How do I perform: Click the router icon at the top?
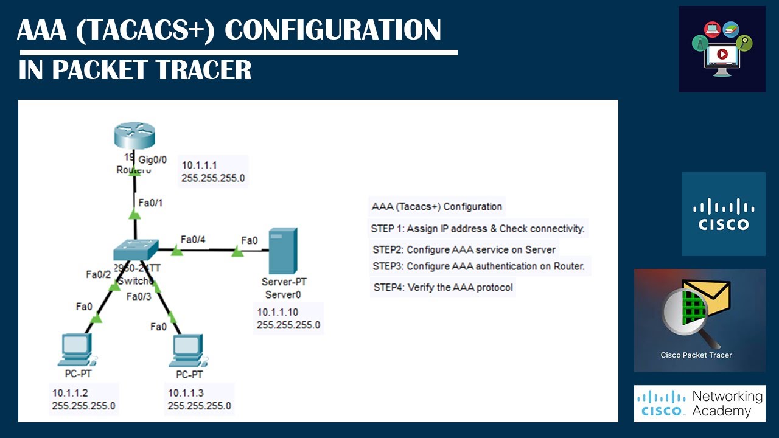coord(134,136)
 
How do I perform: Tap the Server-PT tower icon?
coord(283,251)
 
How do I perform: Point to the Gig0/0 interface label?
coord(153,159)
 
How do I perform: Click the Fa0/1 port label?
coord(150,203)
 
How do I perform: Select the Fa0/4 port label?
coord(193,239)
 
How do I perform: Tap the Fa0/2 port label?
coord(97,274)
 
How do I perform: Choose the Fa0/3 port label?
coord(138,296)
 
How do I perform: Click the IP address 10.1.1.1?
coord(200,165)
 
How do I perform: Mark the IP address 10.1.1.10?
coord(278,313)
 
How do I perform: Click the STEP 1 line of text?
coord(478,229)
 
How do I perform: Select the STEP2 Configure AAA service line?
coord(464,249)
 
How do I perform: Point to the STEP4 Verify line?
coord(442,287)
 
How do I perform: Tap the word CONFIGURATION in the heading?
coord(333,30)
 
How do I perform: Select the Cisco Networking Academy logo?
coord(699,403)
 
